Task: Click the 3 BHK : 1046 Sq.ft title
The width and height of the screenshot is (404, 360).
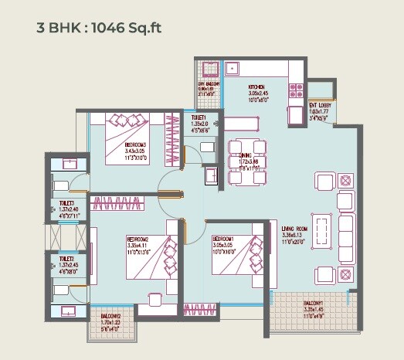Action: coord(99,29)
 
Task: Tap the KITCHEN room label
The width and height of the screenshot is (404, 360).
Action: coord(257,87)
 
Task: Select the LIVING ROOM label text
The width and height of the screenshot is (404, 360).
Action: coord(296,229)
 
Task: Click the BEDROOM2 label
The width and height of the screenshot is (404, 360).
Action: coord(140,240)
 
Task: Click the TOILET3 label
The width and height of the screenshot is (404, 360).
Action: coord(66,205)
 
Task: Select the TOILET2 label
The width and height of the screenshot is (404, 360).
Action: coord(66,260)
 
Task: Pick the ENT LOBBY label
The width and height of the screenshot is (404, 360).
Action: coord(321,105)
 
